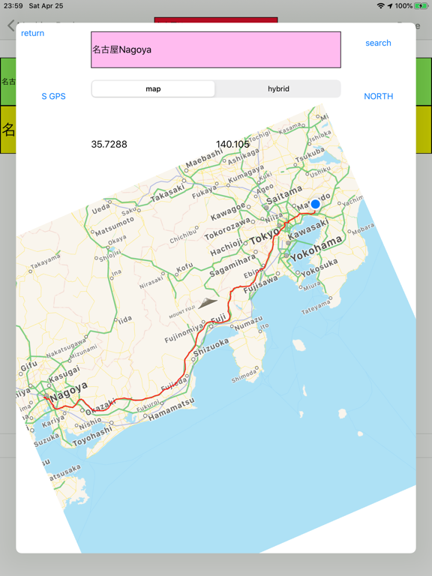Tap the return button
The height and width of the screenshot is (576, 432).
[32, 33]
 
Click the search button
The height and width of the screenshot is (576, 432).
[378, 43]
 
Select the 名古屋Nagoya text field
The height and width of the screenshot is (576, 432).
[216, 49]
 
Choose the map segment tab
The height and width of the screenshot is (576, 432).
[153, 88]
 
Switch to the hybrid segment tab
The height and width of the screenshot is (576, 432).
[278, 88]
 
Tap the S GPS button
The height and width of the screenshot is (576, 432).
[53, 96]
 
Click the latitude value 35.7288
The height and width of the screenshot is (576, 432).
[109, 144]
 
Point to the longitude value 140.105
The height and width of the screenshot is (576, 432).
[232, 144]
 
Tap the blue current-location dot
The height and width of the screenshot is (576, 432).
[316, 204]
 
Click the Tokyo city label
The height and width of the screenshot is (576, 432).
[264, 237]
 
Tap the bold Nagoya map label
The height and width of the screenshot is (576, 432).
[70, 390]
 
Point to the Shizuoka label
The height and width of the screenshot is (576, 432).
[211, 346]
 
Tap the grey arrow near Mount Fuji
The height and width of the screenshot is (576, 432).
[207, 303]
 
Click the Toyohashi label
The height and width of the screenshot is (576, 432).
[92, 437]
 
